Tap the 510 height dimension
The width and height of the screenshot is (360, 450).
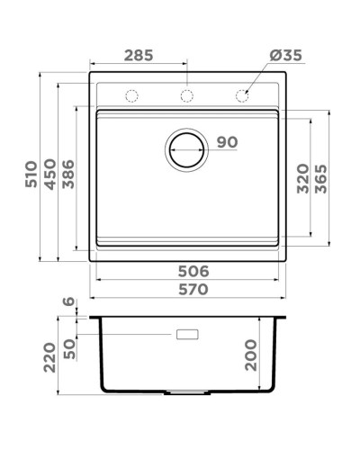(x=31, y=174)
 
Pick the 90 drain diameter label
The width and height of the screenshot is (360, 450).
(x=227, y=142)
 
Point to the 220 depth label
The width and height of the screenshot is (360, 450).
(x=50, y=356)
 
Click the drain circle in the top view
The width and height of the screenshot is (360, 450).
(x=186, y=148)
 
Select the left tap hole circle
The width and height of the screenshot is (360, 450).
(x=131, y=95)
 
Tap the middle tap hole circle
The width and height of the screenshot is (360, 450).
(x=186, y=95)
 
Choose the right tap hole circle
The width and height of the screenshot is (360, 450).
(x=241, y=95)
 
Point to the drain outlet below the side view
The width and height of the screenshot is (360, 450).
(x=186, y=393)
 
